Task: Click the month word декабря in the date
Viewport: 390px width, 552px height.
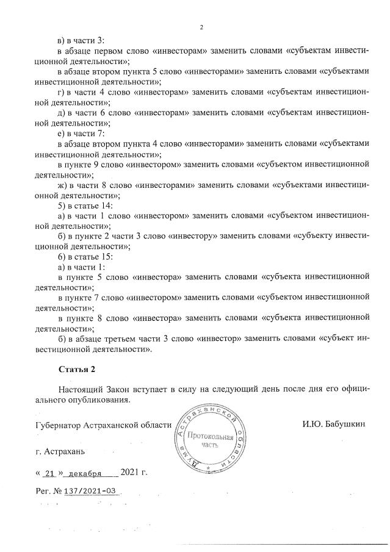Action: point(86,473)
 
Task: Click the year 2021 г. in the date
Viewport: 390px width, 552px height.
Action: point(134,472)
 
